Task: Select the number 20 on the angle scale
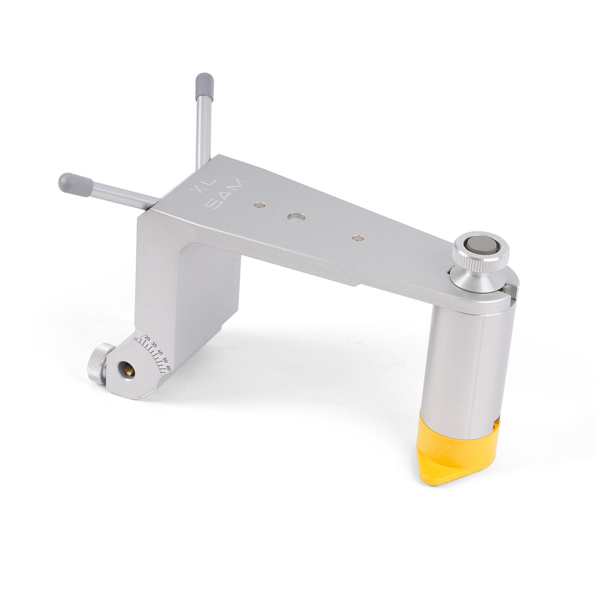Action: click(x=148, y=338)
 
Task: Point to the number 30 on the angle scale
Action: click(x=154, y=345)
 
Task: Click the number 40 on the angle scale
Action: click(x=160, y=352)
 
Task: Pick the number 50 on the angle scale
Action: click(x=164, y=360)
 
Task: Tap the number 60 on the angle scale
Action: click(x=168, y=367)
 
